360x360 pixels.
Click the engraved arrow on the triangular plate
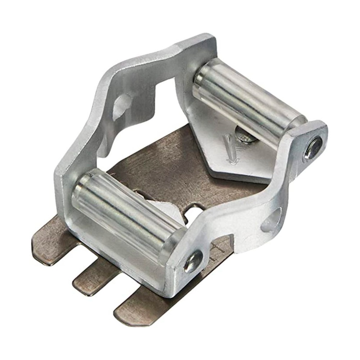[229, 148]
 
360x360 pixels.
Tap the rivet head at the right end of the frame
[314, 147]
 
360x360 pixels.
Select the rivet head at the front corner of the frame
[193, 261]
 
